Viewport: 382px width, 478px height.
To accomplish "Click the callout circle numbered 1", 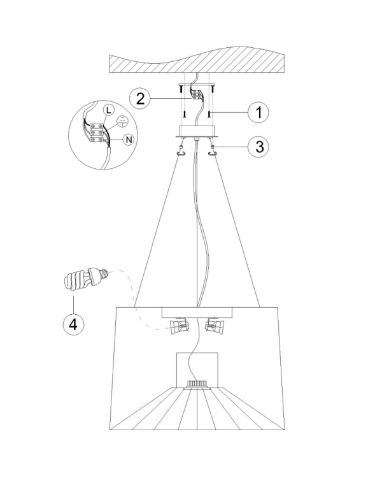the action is (x=258, y=112).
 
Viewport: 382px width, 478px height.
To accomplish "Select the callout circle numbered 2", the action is (x=140, y=98).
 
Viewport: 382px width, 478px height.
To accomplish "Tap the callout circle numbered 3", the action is (x=258, y=147).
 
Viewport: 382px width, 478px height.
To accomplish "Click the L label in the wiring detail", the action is (x=108, y=110).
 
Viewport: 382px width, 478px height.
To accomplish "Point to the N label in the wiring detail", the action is (x=129, y=140).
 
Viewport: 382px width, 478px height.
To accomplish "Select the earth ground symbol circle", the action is (x=122, y=121).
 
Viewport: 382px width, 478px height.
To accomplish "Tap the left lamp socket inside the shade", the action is (x=180, y=326).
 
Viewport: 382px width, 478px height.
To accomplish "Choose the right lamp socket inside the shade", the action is (x=215, y=326).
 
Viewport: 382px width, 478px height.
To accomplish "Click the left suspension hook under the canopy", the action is (x=181, y=152).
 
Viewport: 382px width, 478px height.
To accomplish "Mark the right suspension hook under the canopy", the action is (x=212, y=152).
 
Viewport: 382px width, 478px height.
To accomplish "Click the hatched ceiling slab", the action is (x=197, y=61).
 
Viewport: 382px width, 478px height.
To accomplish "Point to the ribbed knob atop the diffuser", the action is (x=197, y=384).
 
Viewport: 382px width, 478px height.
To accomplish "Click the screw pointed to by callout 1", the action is (x=209, y=114).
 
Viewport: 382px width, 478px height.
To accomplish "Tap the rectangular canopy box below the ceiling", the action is (x=197, y=131).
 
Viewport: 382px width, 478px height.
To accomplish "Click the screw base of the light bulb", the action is (x=104, y=273).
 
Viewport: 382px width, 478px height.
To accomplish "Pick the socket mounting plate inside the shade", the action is (x=197, y=313).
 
